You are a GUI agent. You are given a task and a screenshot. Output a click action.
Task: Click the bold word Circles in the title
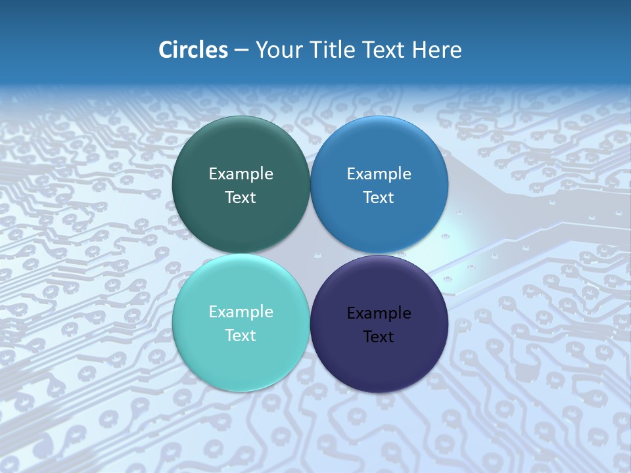coord(193,50)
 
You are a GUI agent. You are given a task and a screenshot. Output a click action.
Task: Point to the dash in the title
coord(241,51)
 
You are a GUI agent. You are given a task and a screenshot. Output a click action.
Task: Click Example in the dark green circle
coord(241,174)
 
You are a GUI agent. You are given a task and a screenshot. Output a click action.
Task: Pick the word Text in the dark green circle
coord(241,198)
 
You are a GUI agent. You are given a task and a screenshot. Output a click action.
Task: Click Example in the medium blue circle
coord(379,174)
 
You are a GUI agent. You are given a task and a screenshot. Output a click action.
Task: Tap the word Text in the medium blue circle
coord(379,198)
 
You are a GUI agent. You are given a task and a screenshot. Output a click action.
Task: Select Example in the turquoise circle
coord(241,312)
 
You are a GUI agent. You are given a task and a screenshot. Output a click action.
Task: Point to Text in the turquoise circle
coord(241,336)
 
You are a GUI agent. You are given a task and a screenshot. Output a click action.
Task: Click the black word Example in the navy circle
coord(379,313)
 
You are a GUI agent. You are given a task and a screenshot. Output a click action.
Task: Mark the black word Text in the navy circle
coord(379,337)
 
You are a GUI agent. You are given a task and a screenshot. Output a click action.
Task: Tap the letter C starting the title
coord(166,50)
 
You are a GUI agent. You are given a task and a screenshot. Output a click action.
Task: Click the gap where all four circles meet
coord(310,254)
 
